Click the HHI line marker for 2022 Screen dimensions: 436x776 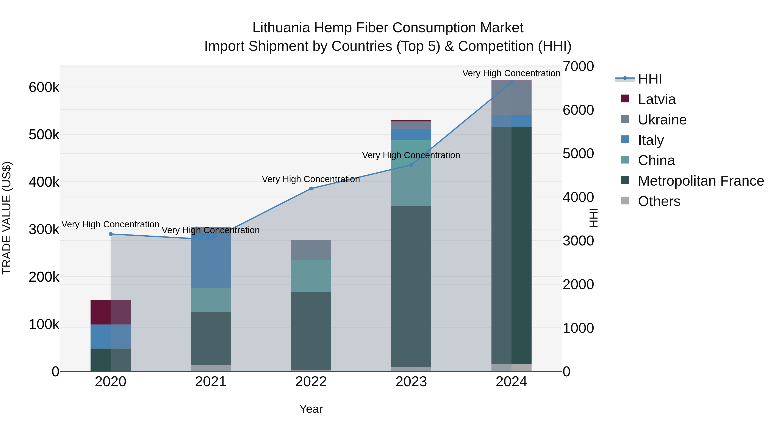(311, 189)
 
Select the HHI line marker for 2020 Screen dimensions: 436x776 (111, 234)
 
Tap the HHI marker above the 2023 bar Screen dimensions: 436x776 (411, 165)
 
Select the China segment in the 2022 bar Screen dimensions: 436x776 (311, 276)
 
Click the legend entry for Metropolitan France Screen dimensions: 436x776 (701, 181)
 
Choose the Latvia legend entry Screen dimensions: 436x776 (657, 99)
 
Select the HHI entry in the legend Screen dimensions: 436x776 (650, 79)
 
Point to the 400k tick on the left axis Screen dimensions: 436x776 (44, 182)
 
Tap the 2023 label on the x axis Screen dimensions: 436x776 (411, 382)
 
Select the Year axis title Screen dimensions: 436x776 (311, 409)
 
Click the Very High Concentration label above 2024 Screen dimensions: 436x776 (511, 73)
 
